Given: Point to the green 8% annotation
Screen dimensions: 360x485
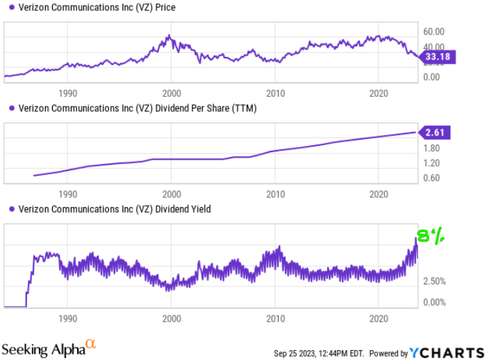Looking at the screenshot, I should (429, 236).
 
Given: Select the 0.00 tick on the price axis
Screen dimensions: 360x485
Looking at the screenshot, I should (431, 76).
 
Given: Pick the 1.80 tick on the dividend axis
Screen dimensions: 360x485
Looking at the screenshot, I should (431, 148).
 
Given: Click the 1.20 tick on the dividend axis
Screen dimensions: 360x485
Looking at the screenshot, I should (431, 163).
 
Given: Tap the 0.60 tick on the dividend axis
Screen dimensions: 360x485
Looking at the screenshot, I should (431, 178).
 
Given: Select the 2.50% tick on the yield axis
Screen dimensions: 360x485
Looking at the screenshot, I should (434, 281).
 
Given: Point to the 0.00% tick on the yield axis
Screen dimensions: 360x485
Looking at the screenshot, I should (434, 302).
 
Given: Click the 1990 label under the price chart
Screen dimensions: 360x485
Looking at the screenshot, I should (67, 92).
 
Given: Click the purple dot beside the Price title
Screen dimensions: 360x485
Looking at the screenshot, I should (9, 8).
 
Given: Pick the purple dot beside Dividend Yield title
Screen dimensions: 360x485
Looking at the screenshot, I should (9, 208).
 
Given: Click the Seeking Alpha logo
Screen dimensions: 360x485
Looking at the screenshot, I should (49, 347).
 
